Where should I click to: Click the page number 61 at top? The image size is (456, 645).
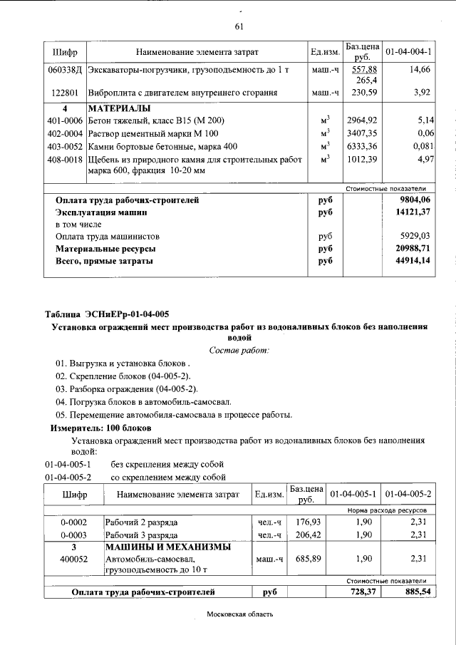(239, 27)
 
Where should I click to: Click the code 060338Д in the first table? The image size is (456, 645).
(66, 69)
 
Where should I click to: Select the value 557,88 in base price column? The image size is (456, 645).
(361, 69)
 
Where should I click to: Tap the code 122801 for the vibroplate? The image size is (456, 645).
(65, 93)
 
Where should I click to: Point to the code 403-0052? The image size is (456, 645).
(65, 146)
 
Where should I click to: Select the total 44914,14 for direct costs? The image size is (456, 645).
(416, 262)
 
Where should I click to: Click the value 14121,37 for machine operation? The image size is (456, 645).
(416, 212)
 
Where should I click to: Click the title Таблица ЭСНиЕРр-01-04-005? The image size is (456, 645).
(107, 314)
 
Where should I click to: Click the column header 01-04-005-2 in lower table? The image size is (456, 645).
(408, 494)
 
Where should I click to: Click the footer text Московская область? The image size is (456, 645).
(239, 614)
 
